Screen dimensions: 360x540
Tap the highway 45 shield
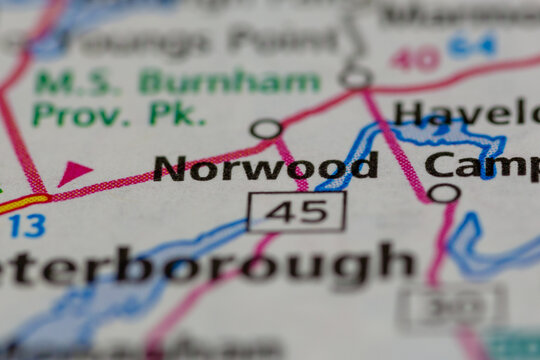(x=296, y=212)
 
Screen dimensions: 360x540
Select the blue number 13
(x=26, y=227)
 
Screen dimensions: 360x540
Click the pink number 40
(x=415, y=58)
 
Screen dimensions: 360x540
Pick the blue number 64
(x=472, y=45)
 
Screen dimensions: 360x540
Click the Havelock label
(x=465, y=112)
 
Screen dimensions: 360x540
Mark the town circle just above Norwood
(x=265, y=129)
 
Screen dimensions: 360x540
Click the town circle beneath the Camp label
(x=444, y=192)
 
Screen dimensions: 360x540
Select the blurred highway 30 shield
(x=451, y=307)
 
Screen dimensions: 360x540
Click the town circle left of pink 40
(x=354, y=75)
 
